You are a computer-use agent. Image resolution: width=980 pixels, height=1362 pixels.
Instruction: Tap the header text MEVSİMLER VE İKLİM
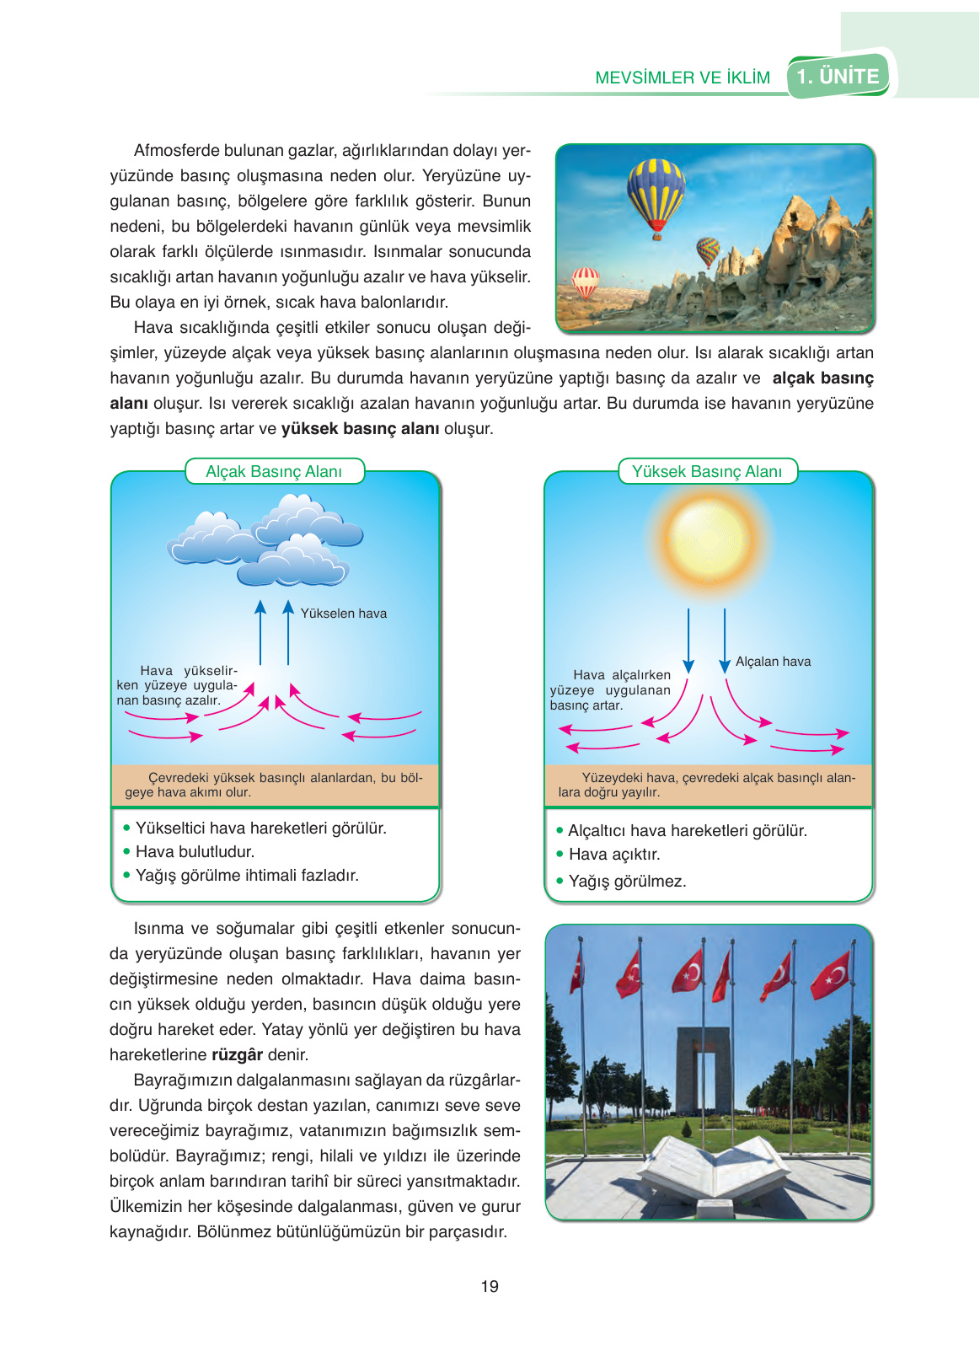[x=682, y=78]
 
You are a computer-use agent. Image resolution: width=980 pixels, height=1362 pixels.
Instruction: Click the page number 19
[x=490, y=1286]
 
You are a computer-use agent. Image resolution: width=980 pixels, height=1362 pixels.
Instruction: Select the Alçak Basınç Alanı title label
[x=274, y=471]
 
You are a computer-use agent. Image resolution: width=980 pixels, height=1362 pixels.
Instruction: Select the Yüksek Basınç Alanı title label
[x=707, y=471]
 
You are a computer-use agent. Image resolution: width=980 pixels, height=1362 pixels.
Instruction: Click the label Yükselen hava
[x=343, y=614]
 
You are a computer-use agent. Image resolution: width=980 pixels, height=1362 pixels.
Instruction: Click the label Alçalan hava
[x=773, y=662]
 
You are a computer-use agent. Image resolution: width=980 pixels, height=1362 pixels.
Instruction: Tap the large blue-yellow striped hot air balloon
[x=656, y=195]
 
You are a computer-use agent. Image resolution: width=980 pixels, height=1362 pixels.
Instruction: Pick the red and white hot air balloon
[x=585, y=282]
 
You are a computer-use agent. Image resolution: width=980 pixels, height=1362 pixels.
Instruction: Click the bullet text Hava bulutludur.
[x=195, y=852]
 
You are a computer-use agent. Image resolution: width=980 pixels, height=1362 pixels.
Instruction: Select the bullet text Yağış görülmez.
[x=627, y=882]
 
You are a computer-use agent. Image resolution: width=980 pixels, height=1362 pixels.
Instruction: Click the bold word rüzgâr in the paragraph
[x=237, y=1055]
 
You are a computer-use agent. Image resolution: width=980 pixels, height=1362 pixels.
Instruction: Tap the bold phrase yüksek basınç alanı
[x=360, y=429]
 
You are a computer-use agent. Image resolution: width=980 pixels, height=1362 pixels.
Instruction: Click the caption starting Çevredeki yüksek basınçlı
[x=275, y=785]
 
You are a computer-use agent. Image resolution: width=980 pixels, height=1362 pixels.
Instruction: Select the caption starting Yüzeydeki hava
[x=707, y=785]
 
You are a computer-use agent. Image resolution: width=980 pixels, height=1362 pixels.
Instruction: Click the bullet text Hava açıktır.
[x=613, y=855]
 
